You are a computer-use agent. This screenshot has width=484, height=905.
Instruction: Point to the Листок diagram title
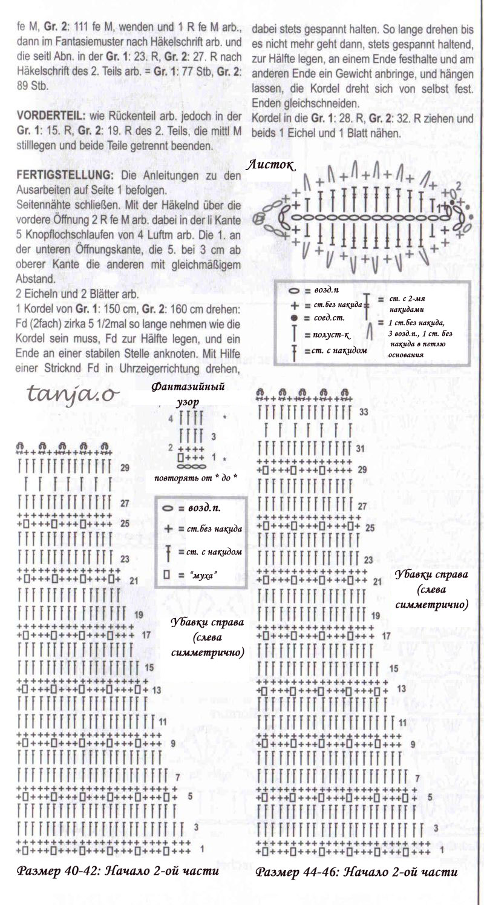point(271,165)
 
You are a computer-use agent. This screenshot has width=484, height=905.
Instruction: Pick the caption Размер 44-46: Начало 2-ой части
point(356,872)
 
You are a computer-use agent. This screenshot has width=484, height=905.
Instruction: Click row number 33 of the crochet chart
point(364,412)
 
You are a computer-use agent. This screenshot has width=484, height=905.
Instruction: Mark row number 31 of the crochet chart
point(361,449)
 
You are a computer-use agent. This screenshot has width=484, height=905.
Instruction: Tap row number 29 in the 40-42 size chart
point(125,467)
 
